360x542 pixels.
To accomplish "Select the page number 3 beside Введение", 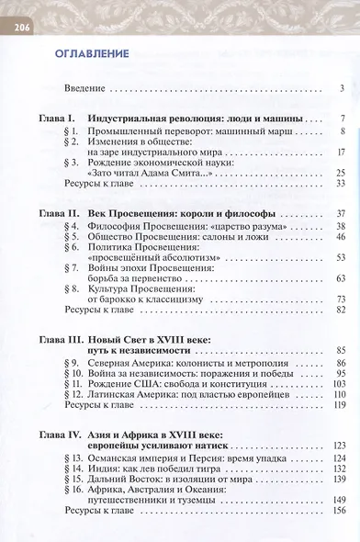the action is click(x=341, y=88).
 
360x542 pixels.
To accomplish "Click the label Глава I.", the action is click(x=48, y=119).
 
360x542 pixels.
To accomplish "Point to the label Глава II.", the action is click(x=50, y=212).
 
